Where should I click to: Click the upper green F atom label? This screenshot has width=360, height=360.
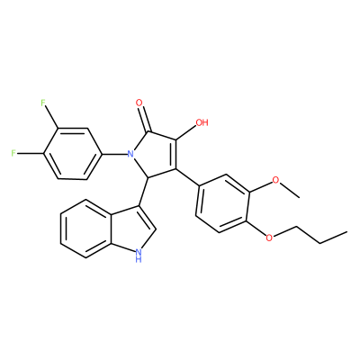pyautogui.click(x=43, y=103)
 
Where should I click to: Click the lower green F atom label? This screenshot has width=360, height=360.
pyautogui.click(x=13, y=153)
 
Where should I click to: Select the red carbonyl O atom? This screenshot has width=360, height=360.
pyautogui.click(x=139, y=103)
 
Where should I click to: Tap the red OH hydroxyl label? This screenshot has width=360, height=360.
pyautogui.click(x=202, y=122)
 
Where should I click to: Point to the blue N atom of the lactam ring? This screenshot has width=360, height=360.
pyautogui.click(x=130, y=155)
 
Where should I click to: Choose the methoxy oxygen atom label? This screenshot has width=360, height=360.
pyautogui.click(x=275, y=180)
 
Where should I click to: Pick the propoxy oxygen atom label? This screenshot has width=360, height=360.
pyautogui.click(x=270, y=238)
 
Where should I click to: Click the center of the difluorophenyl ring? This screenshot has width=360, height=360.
pyautogui.click(x=72, y=154)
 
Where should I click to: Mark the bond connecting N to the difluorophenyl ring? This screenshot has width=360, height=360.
pyautogui.click(x=113, y=155)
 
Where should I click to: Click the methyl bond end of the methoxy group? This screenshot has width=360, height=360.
pyautogui.click(x=299, y=197)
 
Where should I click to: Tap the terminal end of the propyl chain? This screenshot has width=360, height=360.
pyautogui.click(x=347, y=231)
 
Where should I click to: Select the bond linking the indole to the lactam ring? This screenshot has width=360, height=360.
pyautogui.click(x=143, y=192)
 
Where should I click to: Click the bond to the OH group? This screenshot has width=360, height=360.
pyautogui.click(x=186, y=132)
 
